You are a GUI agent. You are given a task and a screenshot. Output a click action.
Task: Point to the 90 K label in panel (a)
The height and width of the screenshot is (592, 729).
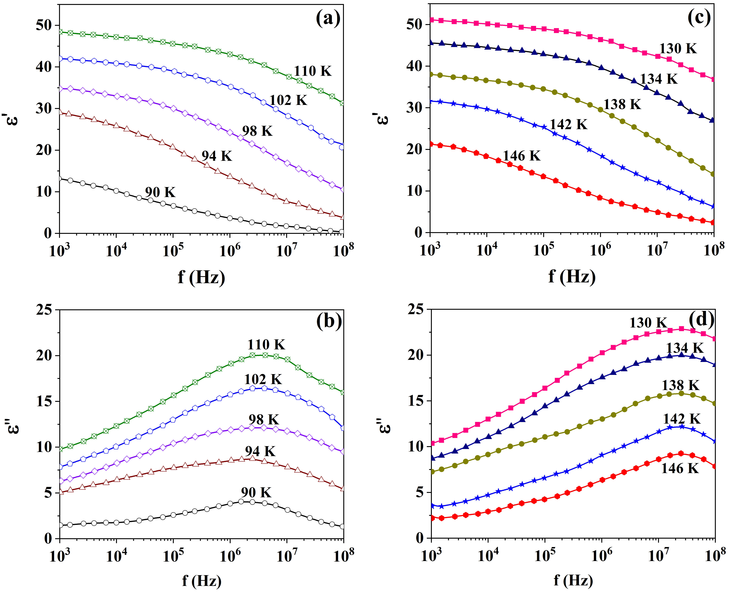point(160,192)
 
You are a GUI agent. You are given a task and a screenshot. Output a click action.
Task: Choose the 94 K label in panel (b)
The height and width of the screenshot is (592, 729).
point(260,451)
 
